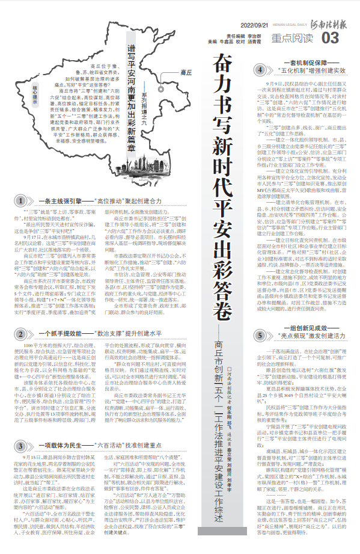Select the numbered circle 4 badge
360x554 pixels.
[x=260, y=70]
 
